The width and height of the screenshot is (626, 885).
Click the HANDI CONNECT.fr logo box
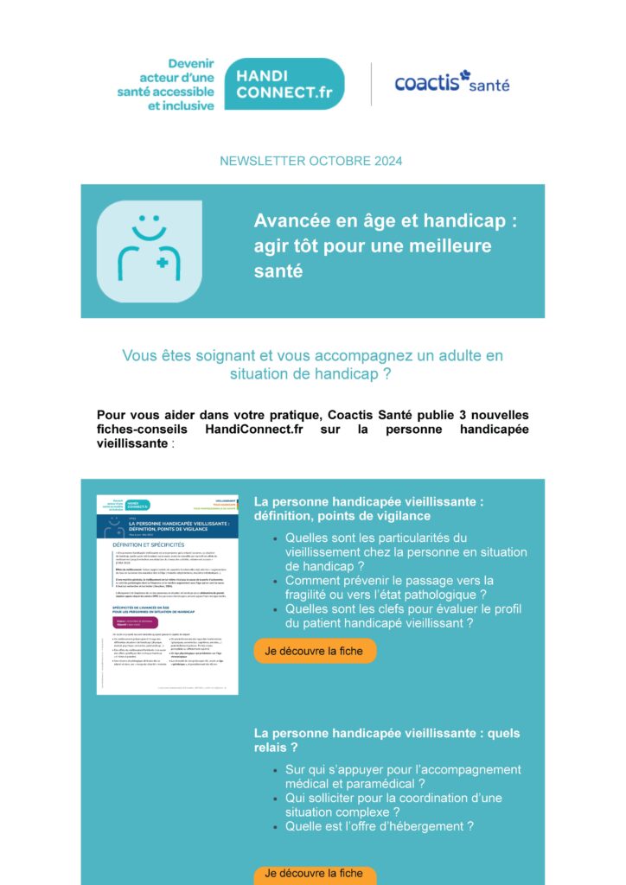click(x=284, y=84)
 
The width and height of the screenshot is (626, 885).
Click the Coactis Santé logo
click(x=451, y=82)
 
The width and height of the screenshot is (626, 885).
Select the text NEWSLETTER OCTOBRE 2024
click(x=311, y=161)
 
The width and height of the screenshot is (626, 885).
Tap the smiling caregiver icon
click(x=150, y=251)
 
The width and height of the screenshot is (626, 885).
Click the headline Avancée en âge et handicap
click(x=385, y=245)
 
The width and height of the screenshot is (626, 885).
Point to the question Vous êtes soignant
click(x=312, y=365)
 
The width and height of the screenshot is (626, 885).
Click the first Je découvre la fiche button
click(x=315, y=651)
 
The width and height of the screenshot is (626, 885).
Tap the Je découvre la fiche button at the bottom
click(x=315, y=873)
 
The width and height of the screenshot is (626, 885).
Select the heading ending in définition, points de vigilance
click(x=368, y=508)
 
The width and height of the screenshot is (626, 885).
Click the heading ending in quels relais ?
click(x=386, y=740)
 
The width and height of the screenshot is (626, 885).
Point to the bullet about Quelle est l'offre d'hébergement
click(x=380, y=826)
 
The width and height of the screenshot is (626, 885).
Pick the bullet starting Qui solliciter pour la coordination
click(x=393, y=805)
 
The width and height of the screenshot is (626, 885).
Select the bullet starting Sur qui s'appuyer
click(x=403, y=776)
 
